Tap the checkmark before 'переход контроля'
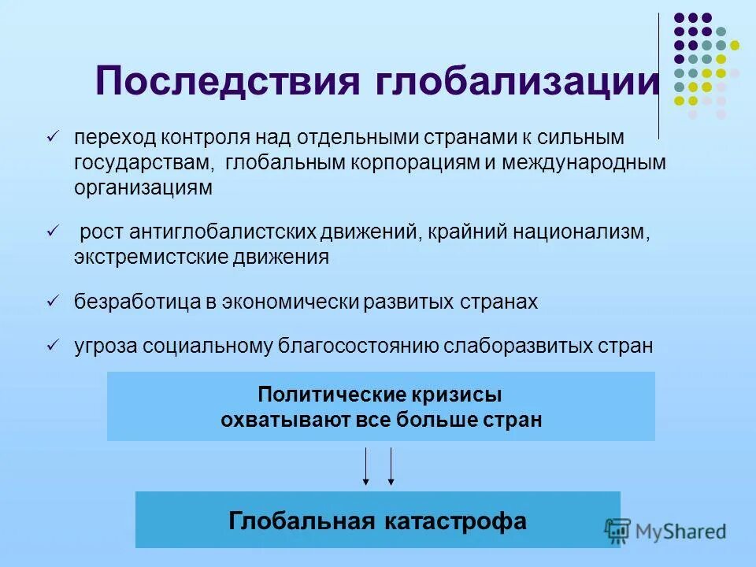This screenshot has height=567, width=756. click(x=53, y=137)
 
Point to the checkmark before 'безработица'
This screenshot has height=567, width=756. click(x=53, y=301)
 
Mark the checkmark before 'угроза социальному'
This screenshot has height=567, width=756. click(x=53, y=346)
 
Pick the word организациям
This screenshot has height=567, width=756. click(x=143, y=188)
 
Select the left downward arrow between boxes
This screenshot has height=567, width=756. click(x=365, y=465)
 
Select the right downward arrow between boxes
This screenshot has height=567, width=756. click(x=391, y=465)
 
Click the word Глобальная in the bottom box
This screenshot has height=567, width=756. click(x=300, y=521)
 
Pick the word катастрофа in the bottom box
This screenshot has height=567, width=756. click(x=456, y=521)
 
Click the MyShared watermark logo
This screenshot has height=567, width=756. click(x=665, y=531)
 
